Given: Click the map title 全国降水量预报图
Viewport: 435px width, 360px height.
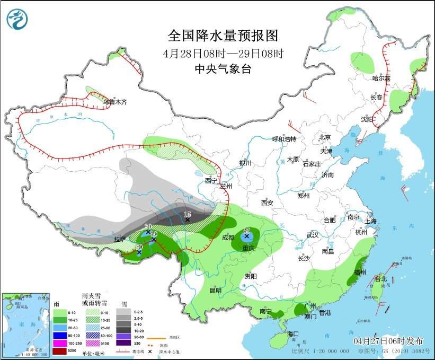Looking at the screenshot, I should [x=223, y=36].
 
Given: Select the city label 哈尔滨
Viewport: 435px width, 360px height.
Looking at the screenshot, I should [x=381, y=78].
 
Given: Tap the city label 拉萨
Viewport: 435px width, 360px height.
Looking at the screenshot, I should [x=120, y=239].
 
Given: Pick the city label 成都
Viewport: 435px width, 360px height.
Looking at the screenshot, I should [x=228, y=237].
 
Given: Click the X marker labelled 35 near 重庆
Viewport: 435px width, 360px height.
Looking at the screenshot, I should [x=246, y=236].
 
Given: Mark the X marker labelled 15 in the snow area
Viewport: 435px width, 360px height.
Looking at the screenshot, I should [x=187, y=219].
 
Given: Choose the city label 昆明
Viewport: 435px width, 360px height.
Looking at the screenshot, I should [x=215, y=290].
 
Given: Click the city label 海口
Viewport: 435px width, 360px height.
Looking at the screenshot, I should [x=293, y=334].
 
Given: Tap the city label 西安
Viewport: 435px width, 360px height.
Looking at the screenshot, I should [x=267, y=203].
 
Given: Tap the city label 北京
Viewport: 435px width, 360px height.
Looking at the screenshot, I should [x=325, y=137].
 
